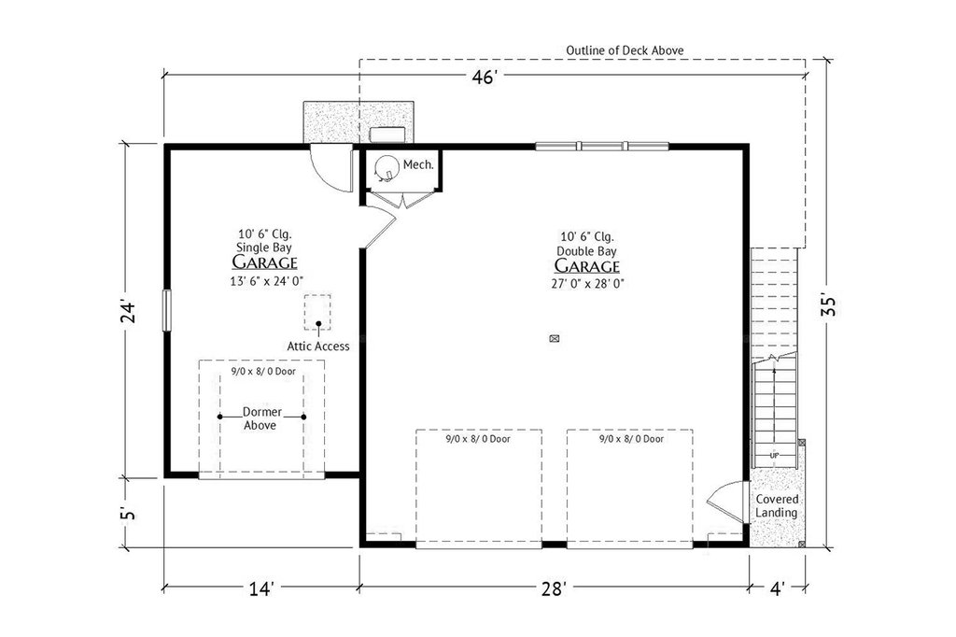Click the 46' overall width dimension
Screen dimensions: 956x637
click(x=485, y=77)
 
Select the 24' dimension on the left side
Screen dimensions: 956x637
click(x=127, y=311)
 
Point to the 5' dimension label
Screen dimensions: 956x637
click(x=127, y=513)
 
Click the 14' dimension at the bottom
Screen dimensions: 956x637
click(x=261, y=588)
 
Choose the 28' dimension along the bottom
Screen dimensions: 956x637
click(x=555, y=588)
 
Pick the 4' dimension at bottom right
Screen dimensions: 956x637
click(x=778, y=588)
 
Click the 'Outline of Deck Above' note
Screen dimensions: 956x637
click(x=625, y=50)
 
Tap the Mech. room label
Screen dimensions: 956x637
click(x=418, y=164)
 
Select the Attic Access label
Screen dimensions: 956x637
click(x=318, y=346)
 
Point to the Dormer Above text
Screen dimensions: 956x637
click(x=261, y=418)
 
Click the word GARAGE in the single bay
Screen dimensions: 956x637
click(x=264, y=262)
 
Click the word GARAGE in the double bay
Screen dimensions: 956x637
click(x=586, y=266)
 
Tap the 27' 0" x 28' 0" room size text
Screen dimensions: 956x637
click(x=586, y=284)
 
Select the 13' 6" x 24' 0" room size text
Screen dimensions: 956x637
click(x=266, y=280)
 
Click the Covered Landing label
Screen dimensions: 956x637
click(x=777, y=506)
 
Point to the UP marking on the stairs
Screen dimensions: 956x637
click(x=774, y=455)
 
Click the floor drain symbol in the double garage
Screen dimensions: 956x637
click(x=555, y=339)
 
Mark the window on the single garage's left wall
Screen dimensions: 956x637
click(x=166, y=311)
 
